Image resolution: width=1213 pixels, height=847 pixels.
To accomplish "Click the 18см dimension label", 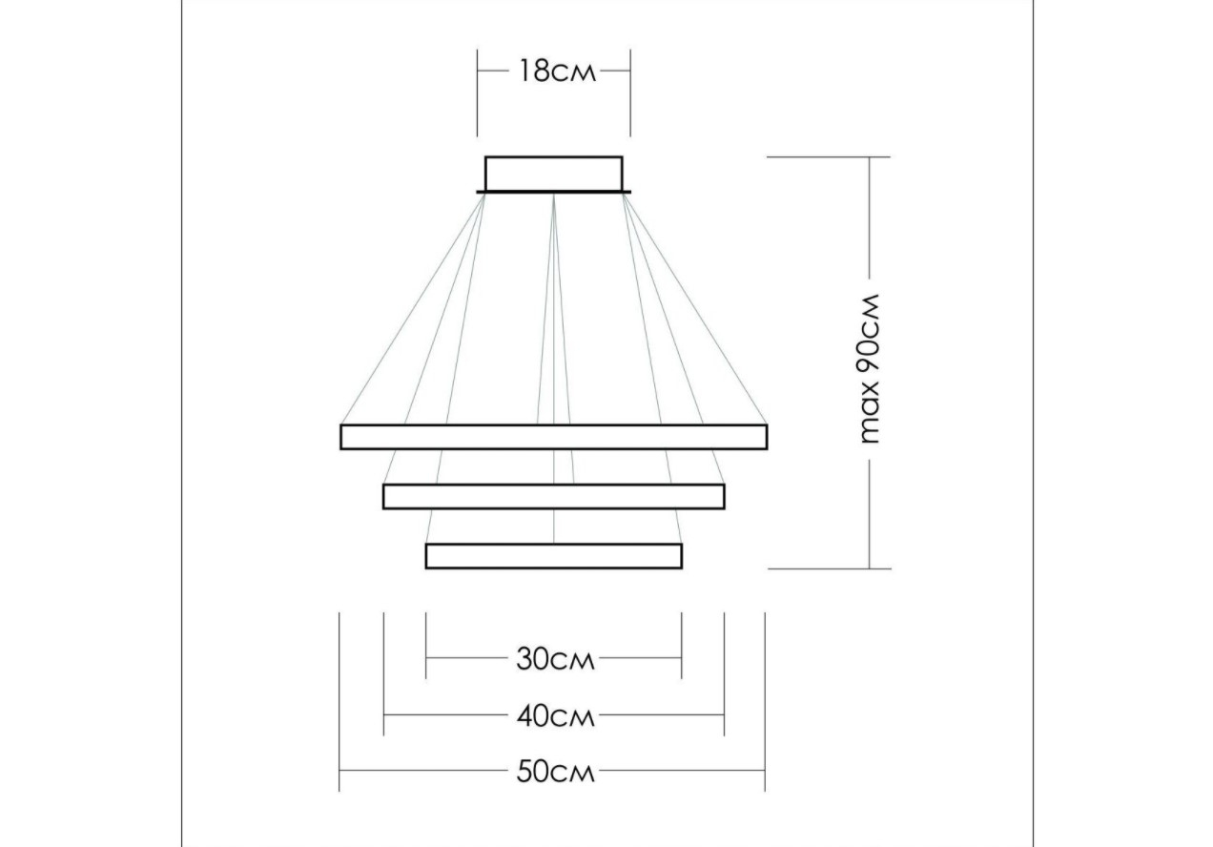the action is [557, 71].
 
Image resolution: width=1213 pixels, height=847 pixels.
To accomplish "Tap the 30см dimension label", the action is [555, 659].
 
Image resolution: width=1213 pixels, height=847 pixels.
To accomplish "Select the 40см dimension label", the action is [555, 716].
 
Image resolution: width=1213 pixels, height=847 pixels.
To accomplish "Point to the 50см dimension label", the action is [555, 772].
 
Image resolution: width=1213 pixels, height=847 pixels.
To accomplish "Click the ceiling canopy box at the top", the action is [553, 175].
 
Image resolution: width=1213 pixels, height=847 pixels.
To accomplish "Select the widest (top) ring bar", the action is [553, 437].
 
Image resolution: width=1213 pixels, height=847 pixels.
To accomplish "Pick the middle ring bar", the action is [553, 497].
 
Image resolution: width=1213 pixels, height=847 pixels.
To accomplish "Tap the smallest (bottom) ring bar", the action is [553, 556].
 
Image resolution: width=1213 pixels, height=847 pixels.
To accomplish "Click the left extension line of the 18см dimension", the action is [477, 93].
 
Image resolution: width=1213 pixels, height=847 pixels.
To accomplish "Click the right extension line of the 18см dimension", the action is [630, 93].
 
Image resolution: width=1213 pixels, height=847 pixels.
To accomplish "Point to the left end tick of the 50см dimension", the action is [339, 702].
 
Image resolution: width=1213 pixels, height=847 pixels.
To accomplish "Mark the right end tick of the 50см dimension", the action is [765, 702].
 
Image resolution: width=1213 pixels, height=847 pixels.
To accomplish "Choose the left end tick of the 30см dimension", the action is [425, 646].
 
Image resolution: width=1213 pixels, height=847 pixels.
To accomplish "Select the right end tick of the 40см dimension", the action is [724, 674].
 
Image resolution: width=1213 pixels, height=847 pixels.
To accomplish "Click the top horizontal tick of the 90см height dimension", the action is [829, 157].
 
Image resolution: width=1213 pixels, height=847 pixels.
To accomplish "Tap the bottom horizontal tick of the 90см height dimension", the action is [830, 569].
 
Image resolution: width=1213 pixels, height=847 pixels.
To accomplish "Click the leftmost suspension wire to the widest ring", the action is [413, 309].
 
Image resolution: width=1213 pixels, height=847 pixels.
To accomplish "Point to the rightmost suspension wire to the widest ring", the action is [695, 309].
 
